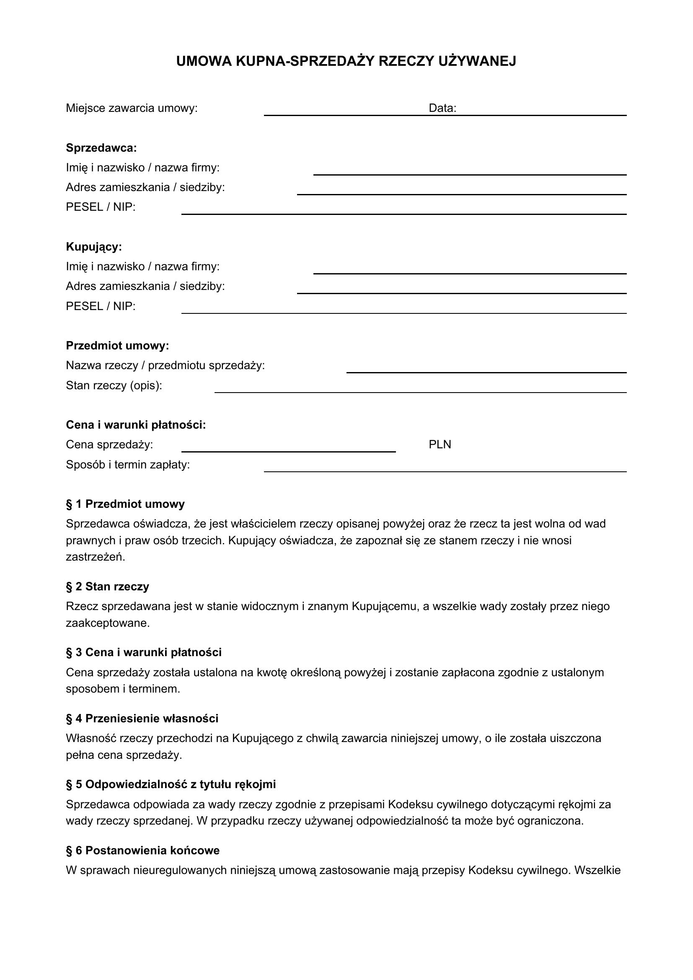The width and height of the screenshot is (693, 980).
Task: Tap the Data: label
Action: click(x=442, y=109)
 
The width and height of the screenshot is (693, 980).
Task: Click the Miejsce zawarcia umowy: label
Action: click(x=132, y=109)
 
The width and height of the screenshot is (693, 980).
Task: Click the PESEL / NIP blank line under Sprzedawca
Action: click(x=403, y=213)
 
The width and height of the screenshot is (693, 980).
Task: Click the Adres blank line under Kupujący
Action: click(x=461, y=293)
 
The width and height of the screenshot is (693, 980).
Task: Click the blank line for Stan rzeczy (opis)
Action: click(x=420, y=392)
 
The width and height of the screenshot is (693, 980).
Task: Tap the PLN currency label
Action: click(x=440, y=445)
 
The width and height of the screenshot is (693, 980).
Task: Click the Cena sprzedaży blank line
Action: click(x=288, y=451)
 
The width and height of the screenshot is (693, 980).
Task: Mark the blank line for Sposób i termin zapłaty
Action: click(x=445, y=471)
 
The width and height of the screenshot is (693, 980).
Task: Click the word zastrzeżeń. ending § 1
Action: click(x=96, y=557)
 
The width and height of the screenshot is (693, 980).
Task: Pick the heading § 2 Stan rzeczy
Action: click(x=108, y=587)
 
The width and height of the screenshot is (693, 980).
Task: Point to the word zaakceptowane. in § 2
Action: click(x=108, y=623)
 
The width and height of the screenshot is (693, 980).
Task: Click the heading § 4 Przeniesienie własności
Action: click(x=142, y=719)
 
